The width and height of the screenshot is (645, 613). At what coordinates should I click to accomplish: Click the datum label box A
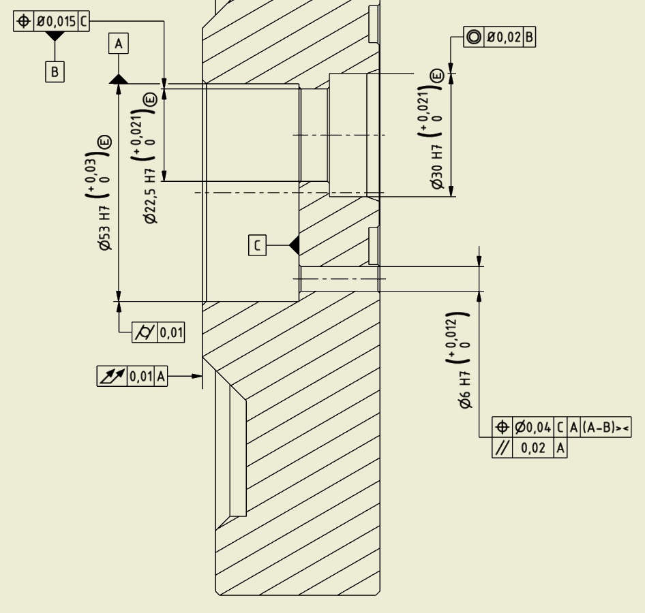pos(119,44)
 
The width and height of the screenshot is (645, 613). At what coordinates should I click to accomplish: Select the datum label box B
pos(55,72)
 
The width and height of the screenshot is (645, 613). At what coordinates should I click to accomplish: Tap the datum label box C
pos(258,245)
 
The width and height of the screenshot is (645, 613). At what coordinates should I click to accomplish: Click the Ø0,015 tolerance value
pos(57,21)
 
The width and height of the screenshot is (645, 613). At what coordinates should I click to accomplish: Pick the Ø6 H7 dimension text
pos(465,390)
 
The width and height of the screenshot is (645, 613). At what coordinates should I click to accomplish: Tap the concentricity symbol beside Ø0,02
pos(474,37)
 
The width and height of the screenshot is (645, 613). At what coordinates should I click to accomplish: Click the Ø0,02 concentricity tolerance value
pos(504,37)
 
